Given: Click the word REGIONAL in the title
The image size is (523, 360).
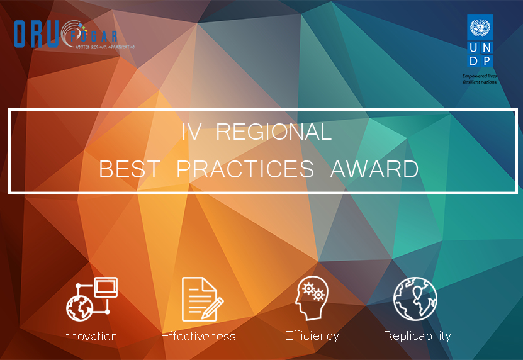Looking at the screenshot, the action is [274, 132].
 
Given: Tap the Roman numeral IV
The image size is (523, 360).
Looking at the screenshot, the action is [191, 132].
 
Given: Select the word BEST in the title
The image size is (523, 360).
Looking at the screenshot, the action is [130, 169].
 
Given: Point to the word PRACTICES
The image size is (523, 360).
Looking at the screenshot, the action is [245, 169].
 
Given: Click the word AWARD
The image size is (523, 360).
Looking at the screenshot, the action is [374, 169].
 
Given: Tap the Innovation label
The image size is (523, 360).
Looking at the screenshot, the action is [89, 336].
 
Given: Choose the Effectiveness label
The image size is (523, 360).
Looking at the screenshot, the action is [198, 336].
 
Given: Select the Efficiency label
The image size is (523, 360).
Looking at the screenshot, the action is [312, 335].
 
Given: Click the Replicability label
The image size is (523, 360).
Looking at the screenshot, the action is [417, 335].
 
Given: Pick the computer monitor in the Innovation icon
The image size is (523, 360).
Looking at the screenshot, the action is [106, 287].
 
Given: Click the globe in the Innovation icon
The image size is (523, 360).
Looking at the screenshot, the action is [79, 308].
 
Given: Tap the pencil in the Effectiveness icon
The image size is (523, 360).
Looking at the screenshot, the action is [213, 308].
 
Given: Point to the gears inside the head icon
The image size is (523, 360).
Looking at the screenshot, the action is [313, 291].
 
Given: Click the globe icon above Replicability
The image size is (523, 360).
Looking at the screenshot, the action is [415, 299].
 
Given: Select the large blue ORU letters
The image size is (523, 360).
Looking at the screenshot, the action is [36, 34].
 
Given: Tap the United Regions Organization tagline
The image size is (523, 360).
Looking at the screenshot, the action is [105, 47].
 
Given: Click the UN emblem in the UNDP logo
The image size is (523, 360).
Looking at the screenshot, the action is [480, 28].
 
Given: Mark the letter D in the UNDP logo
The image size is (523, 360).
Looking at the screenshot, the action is [473, 60].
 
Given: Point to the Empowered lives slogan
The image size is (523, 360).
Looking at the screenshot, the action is [480, 79].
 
